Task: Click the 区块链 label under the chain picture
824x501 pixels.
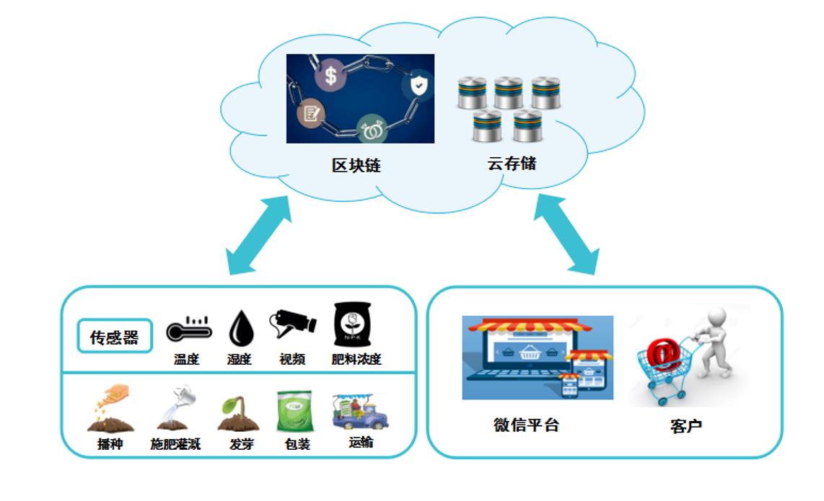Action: (356, 165)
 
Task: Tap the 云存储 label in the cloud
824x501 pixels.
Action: (512, 163)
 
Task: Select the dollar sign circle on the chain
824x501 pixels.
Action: (330, 75)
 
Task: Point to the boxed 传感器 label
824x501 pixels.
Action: (114, 337)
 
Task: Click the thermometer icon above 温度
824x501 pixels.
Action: (188, 330)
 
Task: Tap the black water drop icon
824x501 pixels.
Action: (240, 330)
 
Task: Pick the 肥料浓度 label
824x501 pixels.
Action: (356, 359)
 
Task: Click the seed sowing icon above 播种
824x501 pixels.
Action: (109, 409)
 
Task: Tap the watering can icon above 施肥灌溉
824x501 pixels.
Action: (174, 408)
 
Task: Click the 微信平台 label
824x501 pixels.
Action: (526, 425)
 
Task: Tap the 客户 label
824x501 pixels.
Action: (685, 426)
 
